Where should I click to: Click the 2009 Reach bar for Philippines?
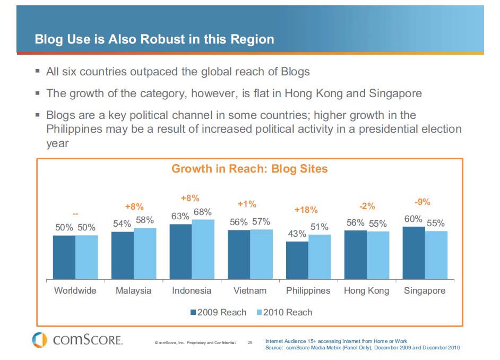click(297, 260)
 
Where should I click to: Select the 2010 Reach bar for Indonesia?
click(203, 249)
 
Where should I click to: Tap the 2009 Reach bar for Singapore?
click(413, 253)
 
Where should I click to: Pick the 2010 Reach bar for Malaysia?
click(145, 253)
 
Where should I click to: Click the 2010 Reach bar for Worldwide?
click(87, 257)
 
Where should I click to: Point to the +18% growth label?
click(305, 210)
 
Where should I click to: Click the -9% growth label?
click(422, 202)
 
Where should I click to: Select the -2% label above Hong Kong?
click(367, 206)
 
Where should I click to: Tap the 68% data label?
click(202, 212)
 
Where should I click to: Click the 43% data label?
click(297, 234)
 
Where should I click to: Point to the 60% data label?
click(413, 219)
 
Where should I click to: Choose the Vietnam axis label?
click(250, 290)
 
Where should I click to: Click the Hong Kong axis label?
click(366, 290)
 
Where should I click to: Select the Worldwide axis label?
click(75, 290)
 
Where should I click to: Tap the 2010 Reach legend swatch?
click(259, 312)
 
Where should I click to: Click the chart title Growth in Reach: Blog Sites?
click(249, 169)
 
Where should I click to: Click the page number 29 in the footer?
click(250, 343)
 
